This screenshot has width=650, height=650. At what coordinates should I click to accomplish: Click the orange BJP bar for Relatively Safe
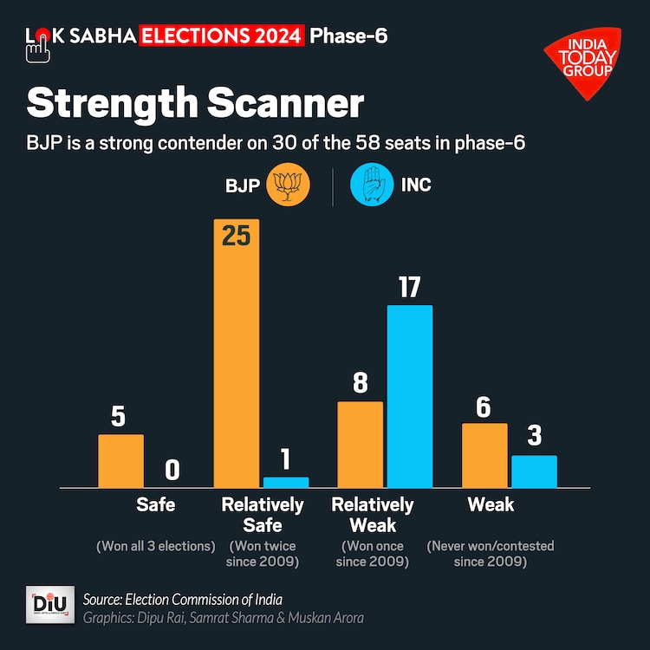236,364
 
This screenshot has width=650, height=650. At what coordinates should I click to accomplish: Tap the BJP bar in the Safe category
120,460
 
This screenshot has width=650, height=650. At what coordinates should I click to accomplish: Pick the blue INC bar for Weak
534,471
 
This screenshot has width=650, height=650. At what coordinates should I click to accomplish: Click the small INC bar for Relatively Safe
286,482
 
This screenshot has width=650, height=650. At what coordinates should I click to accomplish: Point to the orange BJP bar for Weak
484,455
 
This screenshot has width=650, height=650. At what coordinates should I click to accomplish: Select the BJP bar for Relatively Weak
360,444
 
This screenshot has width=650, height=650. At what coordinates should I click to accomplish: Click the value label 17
409,286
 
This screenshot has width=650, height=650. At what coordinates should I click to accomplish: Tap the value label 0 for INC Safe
172,470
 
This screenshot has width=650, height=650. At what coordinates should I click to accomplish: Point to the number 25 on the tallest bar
236,236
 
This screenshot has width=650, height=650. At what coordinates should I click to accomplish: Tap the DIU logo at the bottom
50,607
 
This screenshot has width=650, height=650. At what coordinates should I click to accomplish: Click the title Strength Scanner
195,104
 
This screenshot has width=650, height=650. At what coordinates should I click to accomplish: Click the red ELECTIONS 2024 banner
223,36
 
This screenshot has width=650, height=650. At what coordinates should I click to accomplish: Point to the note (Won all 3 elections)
155,546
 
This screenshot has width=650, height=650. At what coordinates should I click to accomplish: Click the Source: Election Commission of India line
183,600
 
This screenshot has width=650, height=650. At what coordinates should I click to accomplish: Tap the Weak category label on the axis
491,504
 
